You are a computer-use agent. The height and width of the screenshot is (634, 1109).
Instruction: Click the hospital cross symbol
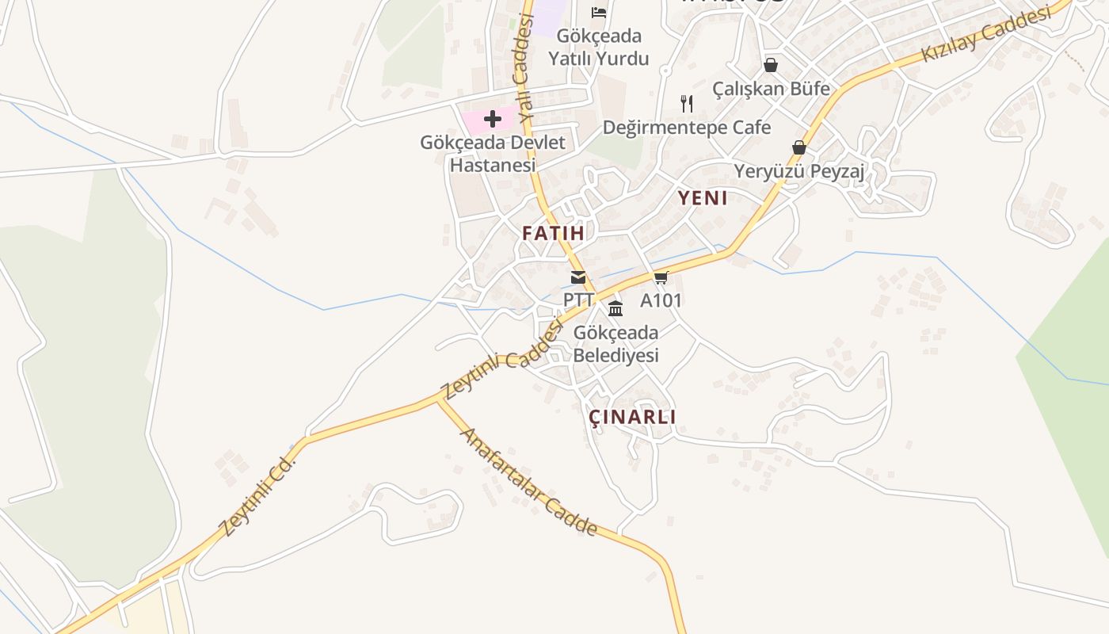pyautogui.click(x=493, y=120)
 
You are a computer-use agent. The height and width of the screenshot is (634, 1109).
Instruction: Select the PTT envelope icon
pyautogui.click(x=578, y=277)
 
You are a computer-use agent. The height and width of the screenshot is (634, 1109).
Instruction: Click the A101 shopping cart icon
pyautogui.click(x=661, y=277)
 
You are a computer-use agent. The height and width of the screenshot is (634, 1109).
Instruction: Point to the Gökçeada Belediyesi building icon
pyautogui.click(x=615, y=308)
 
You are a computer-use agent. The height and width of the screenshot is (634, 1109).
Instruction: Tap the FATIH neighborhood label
pyautogui.click(x=553, y=233)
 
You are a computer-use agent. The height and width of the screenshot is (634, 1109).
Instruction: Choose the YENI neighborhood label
pyautogui.click(x=703, y=198)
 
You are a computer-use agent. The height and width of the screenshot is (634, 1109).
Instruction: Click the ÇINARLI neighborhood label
pyautogui.click(x=632, y=417)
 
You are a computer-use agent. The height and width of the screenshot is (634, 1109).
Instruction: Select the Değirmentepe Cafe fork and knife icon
pyautogui.click(x=687, y=103)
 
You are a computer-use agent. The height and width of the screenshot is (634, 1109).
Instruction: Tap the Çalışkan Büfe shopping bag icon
pyautogui.click(x=770, y=65)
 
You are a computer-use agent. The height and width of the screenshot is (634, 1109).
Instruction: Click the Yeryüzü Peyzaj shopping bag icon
pyautogui.click(x=798, y=147)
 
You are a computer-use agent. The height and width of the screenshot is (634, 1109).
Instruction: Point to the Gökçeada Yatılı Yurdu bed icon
pyautogui.click(x=599, y=12)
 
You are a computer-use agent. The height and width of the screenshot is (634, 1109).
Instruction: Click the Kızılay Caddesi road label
pyautogui.click(x=986, y=35)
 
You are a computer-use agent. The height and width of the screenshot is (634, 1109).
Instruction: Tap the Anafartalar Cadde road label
pyautogui.click(x=528, y=482)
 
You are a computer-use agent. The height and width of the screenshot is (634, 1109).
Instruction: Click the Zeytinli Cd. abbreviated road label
pyautogui.click(x=257, y=496)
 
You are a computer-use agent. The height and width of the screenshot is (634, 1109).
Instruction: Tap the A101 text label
pyautogui.click(x=661, y=300)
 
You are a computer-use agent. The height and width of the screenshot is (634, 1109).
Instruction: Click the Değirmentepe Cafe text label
pyautogui.click(x=687, y=127)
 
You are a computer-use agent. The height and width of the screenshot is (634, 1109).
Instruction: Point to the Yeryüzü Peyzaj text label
pyautogui.click(x=798, y=171)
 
